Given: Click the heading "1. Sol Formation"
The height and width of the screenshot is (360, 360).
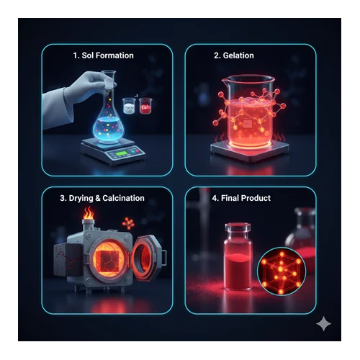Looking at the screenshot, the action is (x=103, y=55).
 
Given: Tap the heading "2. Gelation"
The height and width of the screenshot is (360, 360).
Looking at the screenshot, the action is (x=234, y=55).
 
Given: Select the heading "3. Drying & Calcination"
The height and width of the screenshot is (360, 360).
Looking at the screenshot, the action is (x=102, y=198).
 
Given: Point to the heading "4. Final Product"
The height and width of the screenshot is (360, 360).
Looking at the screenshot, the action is (x=241, y=198).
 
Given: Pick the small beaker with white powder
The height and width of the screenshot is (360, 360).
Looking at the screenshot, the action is (x=129, y=106).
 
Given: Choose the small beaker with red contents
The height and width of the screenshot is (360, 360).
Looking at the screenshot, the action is (x=145, y=106).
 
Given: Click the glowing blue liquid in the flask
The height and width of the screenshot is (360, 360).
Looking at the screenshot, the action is (x=107, y=128).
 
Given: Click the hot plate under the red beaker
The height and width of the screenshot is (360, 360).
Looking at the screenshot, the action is (x=250, y=149).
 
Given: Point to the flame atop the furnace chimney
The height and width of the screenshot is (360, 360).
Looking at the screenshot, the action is (x=89, y=213).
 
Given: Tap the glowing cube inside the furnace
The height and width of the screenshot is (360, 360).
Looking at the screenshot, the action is (x=107, y=261).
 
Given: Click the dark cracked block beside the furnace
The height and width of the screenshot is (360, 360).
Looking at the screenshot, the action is (x=67, y=259).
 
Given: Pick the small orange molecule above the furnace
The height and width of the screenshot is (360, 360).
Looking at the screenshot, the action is (x=128, y=223).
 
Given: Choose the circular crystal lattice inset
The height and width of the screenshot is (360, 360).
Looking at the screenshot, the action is (x=282, y=271).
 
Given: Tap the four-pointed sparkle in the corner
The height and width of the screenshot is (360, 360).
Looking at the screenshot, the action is (x=323, y=324).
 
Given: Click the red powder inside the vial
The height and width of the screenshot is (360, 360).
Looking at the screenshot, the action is (x=238, y=271).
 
